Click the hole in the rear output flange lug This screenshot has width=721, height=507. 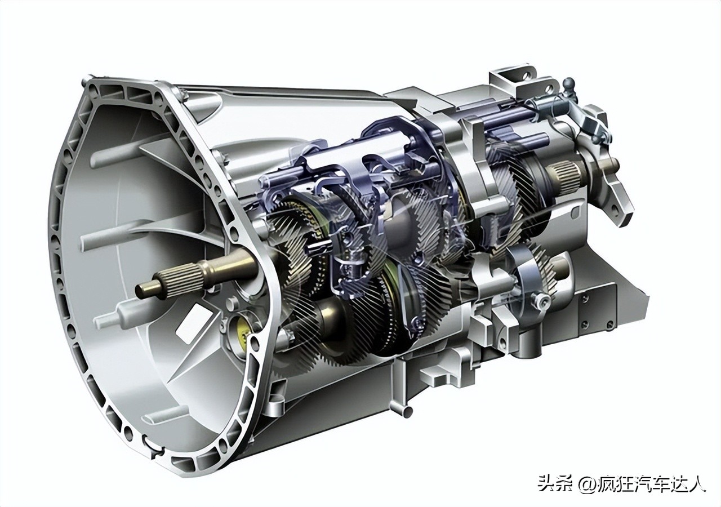(616, 208)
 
